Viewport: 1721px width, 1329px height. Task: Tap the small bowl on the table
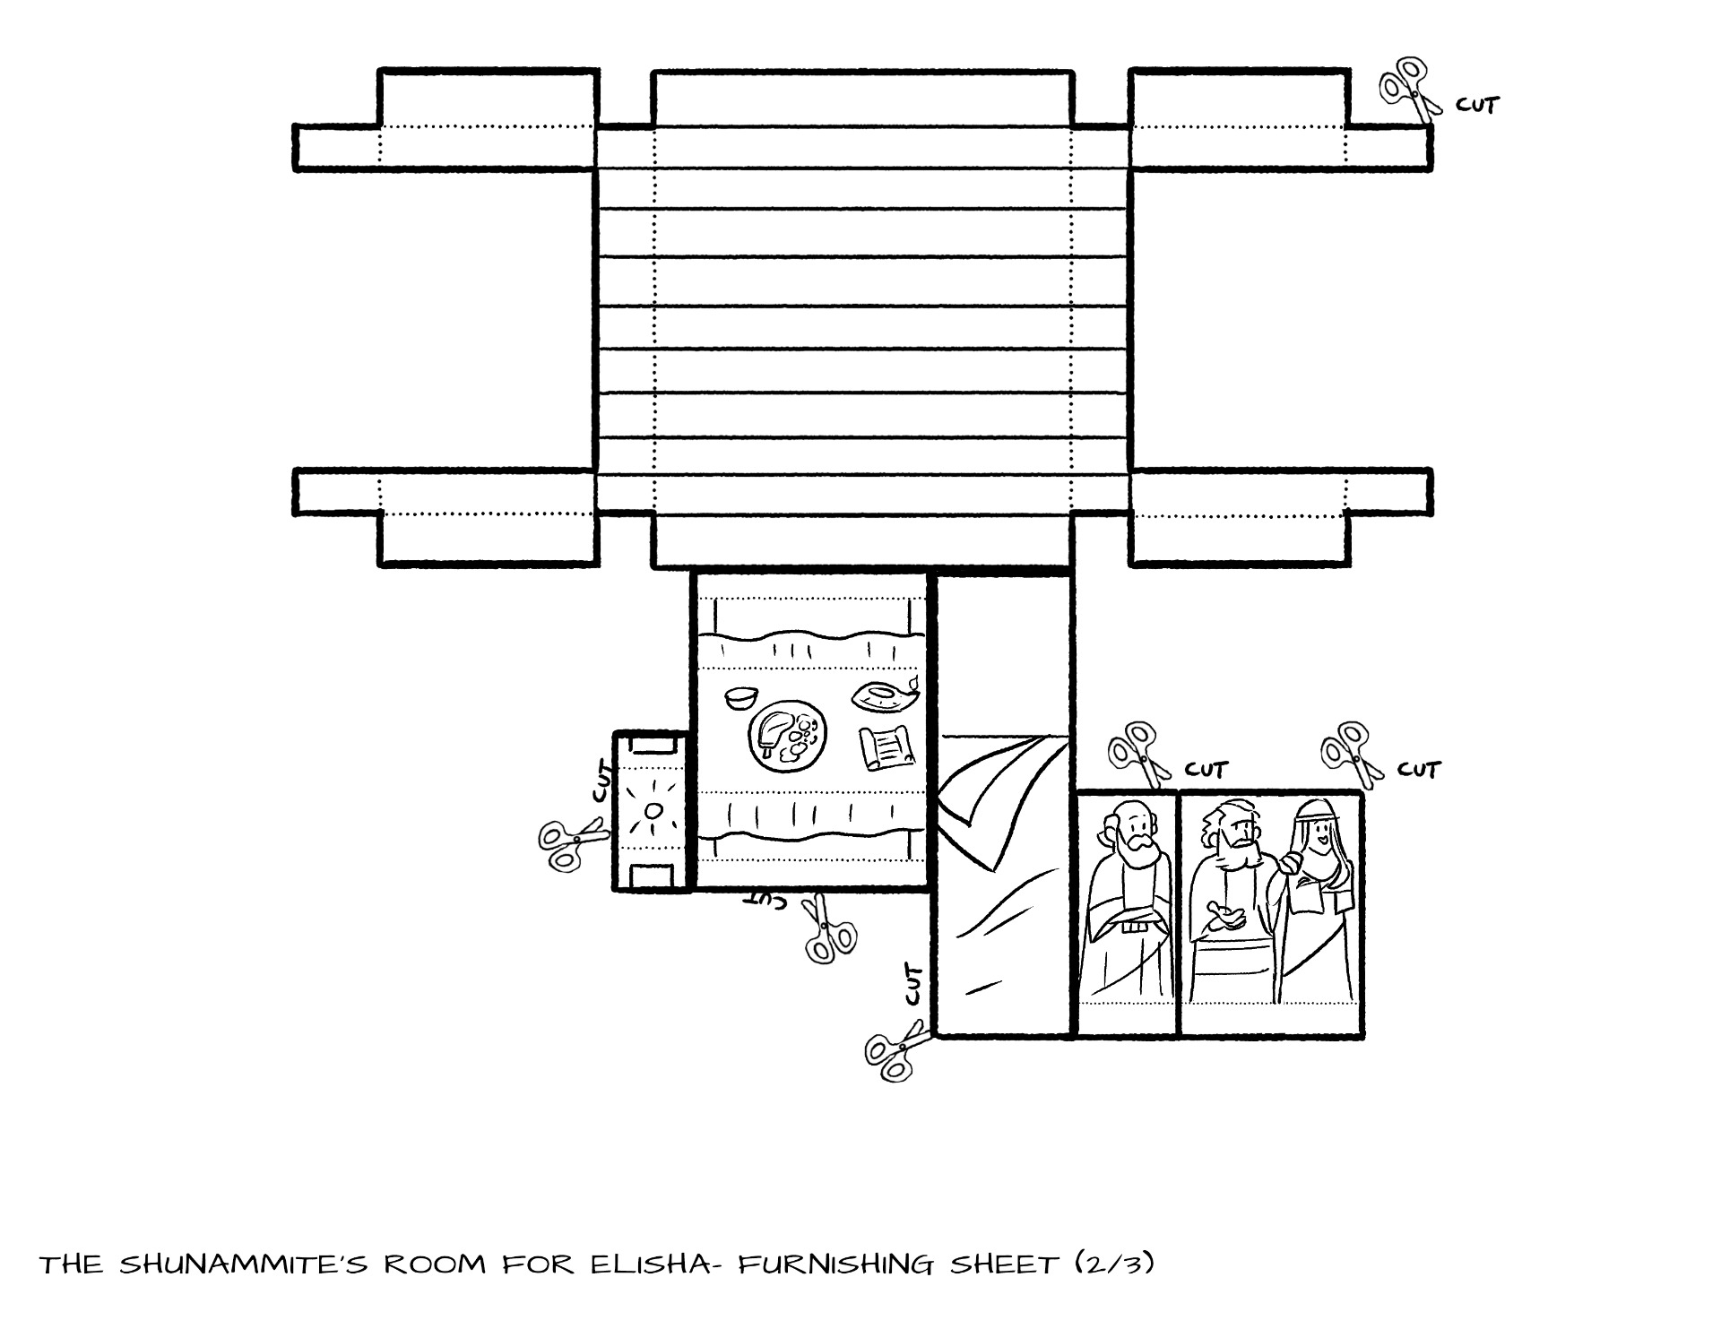pos(741,697)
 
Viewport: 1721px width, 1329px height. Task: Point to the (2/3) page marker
pos(1114,1264)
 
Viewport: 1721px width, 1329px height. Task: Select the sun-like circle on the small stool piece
pos(653,810)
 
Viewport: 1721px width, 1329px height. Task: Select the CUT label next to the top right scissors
pos(1476,105)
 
